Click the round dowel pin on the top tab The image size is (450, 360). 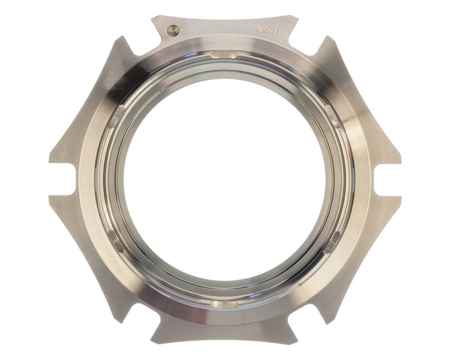pos(174,31)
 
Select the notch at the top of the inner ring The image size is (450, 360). pos(224,55)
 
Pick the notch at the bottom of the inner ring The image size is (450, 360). pos(224,304)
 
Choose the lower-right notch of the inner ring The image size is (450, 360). pos(333,241)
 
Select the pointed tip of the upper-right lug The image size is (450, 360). pos(329,38)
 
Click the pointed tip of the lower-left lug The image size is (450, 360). pos(120,322)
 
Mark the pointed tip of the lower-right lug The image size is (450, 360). pos(330,322)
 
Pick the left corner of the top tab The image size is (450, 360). pos(153,18)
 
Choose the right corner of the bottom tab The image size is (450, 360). pos(296,342)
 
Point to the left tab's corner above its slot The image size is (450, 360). pos(51,162)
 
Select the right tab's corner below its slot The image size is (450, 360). pos(400,198)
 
